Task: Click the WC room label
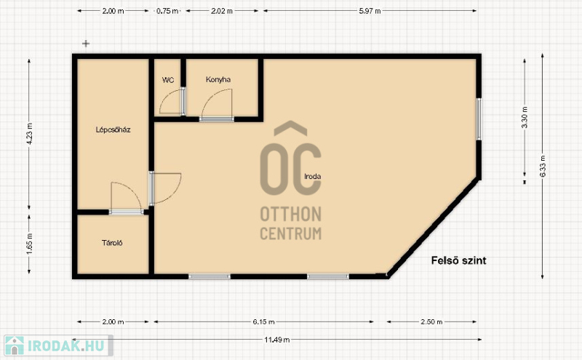168,80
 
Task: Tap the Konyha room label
218,79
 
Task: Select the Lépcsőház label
113,129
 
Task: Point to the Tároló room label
112,243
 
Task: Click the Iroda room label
313,176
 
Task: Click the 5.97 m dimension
370,11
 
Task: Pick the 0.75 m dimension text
167,11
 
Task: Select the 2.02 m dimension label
222,11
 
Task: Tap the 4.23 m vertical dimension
30,135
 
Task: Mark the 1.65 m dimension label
30,244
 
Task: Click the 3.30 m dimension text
525,117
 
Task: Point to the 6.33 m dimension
543,166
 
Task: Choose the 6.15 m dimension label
264,321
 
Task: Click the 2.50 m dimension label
431,321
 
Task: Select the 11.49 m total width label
277,340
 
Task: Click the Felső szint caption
459,260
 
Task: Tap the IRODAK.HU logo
57,345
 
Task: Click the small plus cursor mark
86,44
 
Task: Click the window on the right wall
479,119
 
